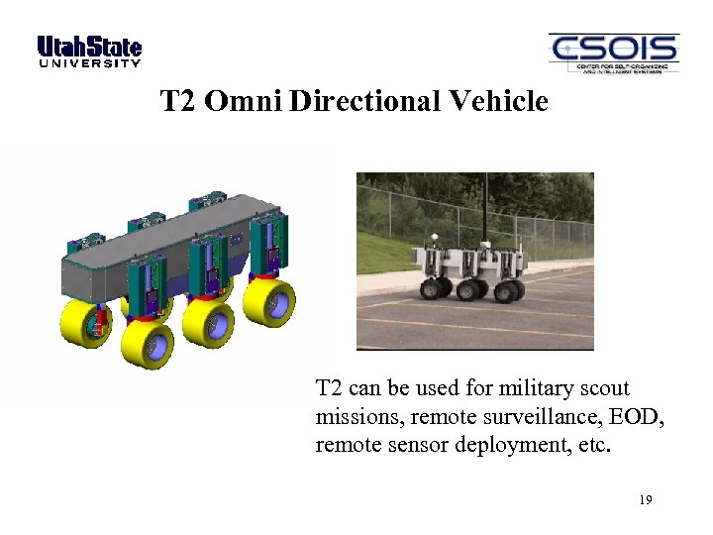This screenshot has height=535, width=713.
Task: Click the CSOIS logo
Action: [x=613, y=53]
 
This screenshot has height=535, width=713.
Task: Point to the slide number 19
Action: [x=645, y=500]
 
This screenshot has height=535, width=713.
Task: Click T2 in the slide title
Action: [x=179, y=101]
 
